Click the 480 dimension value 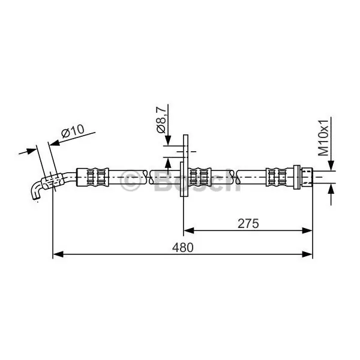coord(183,248)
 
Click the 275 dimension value coord(248,224)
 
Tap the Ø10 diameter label coord(73,131)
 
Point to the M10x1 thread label coord(323,137)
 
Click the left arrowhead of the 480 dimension coord(58,254)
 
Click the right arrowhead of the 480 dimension coord(307,254)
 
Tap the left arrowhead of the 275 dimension coord(189,230)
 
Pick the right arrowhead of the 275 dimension coord(307,230)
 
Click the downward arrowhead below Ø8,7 coord(168,140)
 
